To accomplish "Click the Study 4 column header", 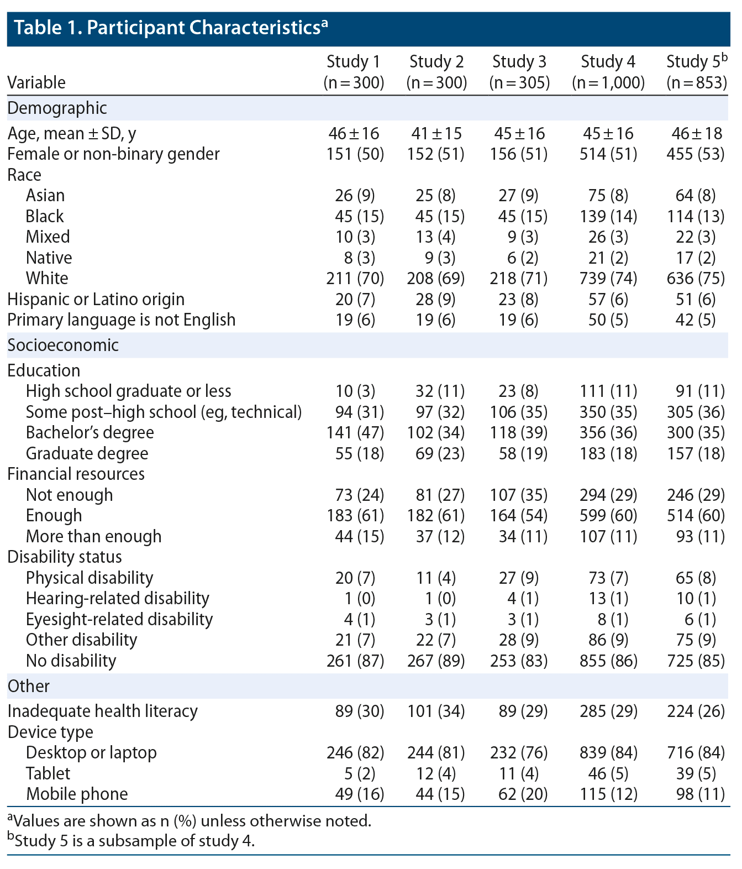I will click(608, 71).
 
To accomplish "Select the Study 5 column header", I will click(697, 71).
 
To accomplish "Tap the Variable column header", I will click(36, 82).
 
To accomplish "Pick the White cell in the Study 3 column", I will click(519, 278).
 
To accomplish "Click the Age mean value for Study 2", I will click(436, 133).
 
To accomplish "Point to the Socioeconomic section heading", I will click(63, 345).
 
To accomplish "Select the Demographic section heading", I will click(57, 108).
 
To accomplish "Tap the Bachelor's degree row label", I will click(90, 432).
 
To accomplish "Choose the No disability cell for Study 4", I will click(608, 660).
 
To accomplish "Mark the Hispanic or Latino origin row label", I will click(96, 299).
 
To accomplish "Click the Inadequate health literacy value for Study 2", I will click(436, 711).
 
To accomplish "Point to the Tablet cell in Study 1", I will click(355, 773).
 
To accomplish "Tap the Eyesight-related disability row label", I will click(119, 619).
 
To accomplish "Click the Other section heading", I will click(29, 686).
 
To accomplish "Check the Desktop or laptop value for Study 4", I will click(608, 752).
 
